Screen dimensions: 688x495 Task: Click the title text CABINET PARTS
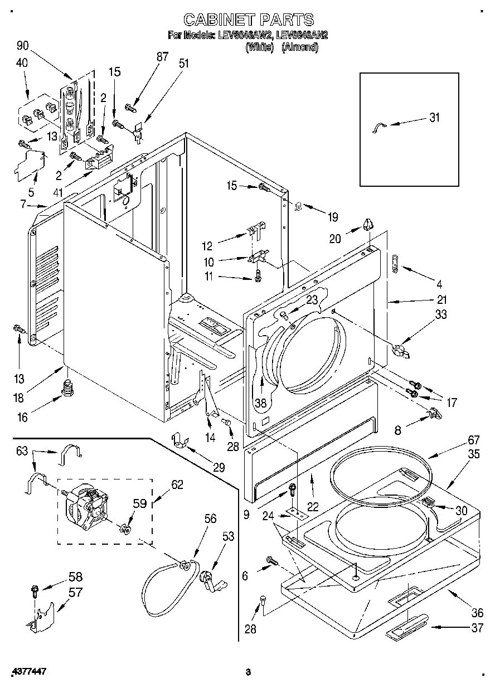click(248, 20)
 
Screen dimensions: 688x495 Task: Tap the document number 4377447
click(28, 671)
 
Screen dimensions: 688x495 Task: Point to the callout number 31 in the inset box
click(434, 117)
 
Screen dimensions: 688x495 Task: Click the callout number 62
click(177, 484)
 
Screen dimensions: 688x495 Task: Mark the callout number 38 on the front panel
click(260, 401)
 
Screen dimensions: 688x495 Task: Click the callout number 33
click(441, 315)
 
